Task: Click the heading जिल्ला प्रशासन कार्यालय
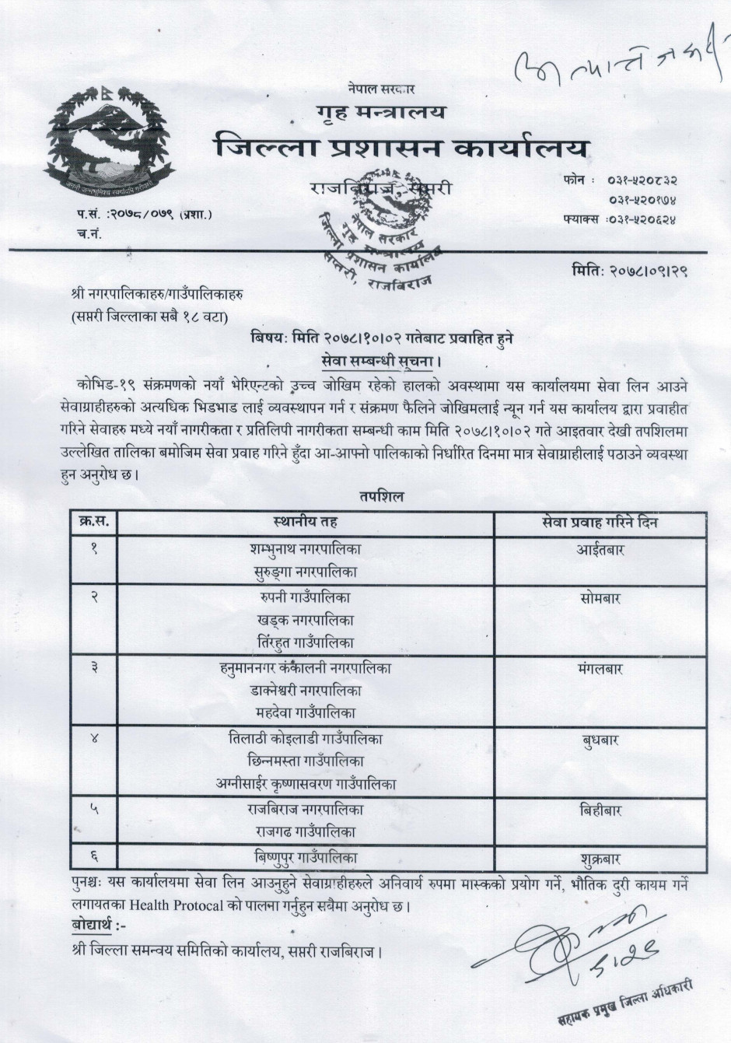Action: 401,148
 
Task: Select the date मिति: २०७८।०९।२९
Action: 630,271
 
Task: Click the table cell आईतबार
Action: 600,550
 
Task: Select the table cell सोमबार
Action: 600,599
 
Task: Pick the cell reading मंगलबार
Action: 600,669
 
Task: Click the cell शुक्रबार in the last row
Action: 600,859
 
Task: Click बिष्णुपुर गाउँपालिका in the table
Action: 306,858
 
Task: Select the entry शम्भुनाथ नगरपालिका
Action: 306,549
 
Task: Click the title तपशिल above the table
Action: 381,496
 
